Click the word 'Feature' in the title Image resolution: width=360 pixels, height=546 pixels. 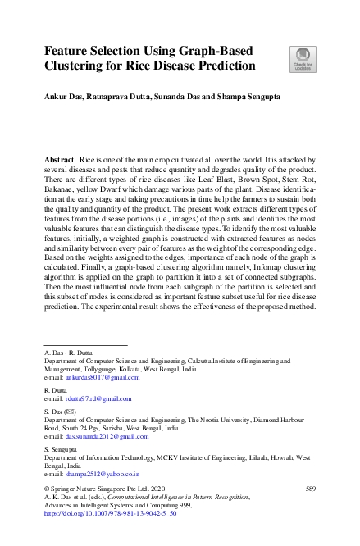(x=70, y=50)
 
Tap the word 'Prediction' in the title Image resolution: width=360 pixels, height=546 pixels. (x=222, y=66)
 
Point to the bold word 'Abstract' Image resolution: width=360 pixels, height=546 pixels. (x=59, y=157)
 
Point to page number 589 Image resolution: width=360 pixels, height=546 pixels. (x=310, y=489)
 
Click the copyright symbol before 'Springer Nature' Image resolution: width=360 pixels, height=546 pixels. (x=47, y=489)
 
